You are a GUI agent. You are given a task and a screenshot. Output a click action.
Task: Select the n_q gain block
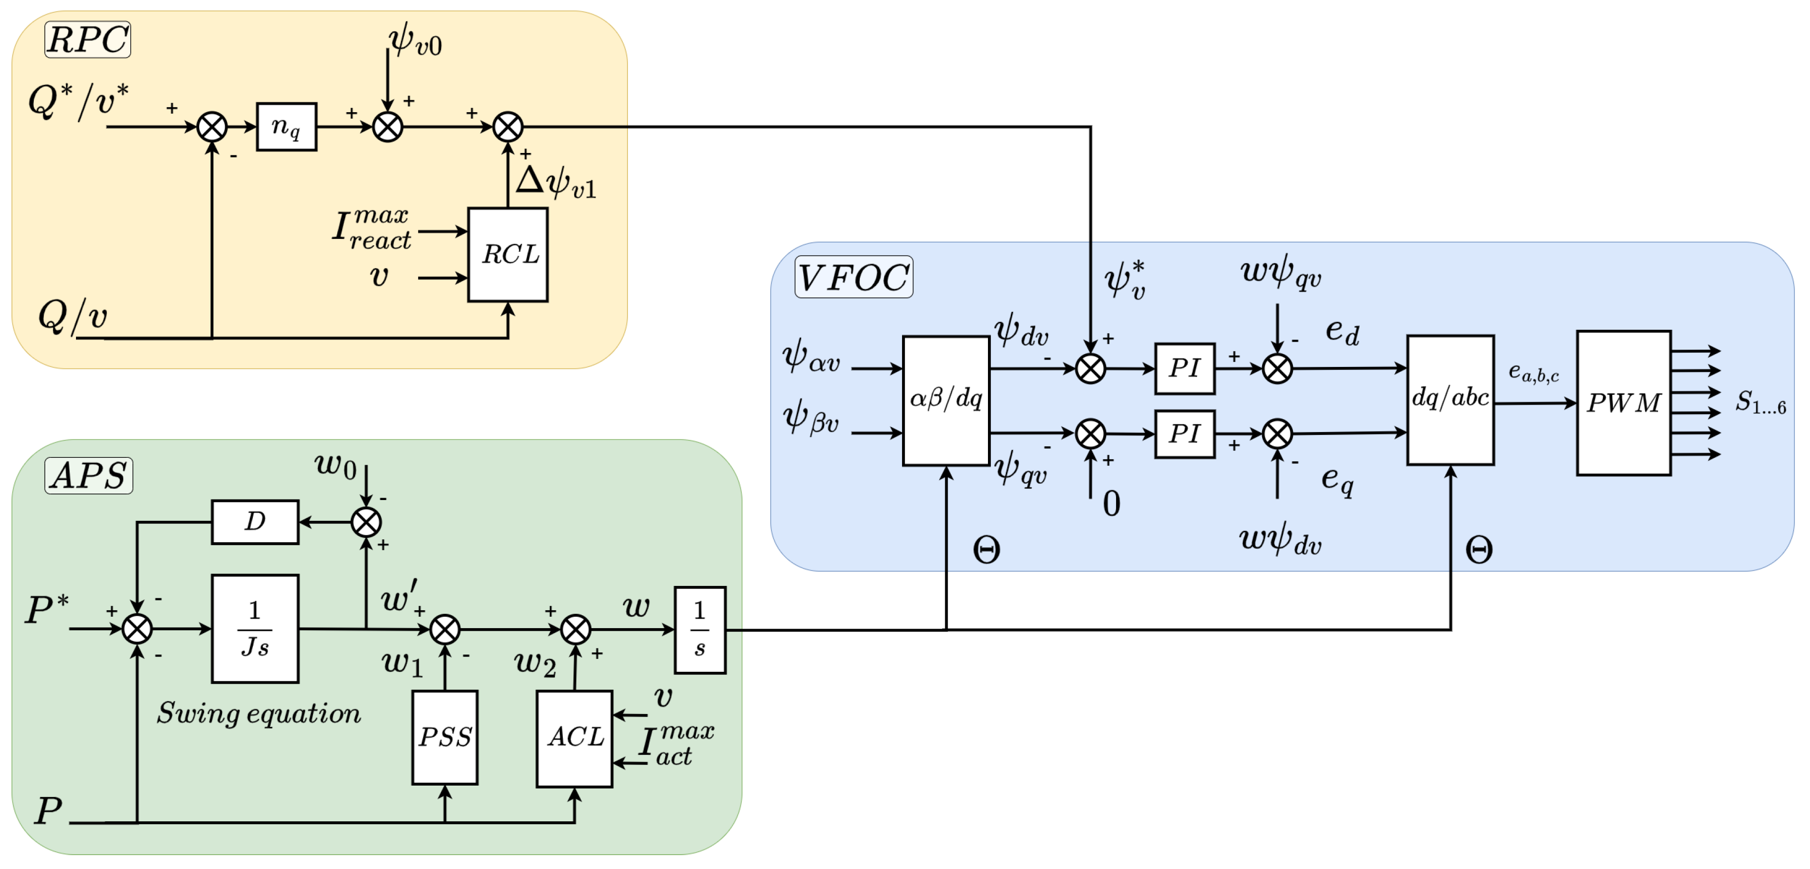point(286,127)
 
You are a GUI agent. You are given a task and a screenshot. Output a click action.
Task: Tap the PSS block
point(445,737)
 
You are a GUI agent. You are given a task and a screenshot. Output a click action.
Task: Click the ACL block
point(574,737)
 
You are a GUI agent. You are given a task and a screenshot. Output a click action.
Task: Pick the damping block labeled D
point(255,521)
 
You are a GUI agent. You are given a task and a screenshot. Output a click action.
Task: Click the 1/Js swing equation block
point(255,628)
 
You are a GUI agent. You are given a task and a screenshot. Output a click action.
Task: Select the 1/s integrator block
point(700,630)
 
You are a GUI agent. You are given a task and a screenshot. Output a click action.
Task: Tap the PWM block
point(1623,403)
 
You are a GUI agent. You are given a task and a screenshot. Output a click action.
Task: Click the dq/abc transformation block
point(1450,399)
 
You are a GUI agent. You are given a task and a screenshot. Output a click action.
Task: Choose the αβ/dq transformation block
point(946,400)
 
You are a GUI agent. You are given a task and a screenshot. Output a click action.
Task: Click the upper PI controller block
point(1185,367)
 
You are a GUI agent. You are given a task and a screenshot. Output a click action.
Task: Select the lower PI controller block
point(1185,434)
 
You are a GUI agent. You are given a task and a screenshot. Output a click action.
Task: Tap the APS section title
point(88,476)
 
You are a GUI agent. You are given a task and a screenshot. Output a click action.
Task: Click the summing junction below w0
point(366,522)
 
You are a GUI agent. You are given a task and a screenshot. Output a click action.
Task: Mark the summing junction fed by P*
point(137,629)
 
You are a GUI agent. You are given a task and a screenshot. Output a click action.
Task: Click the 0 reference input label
point(1111,504)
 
